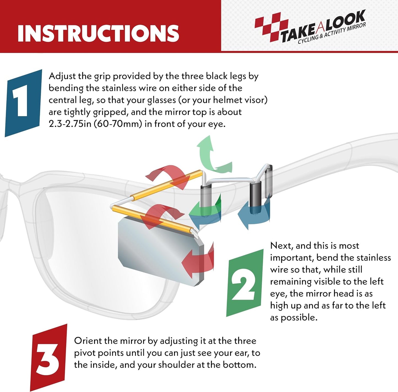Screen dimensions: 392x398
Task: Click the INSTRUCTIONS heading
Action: (98, 33)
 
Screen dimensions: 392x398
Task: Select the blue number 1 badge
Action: (23, 103)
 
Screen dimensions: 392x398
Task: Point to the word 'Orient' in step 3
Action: (88, 341)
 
